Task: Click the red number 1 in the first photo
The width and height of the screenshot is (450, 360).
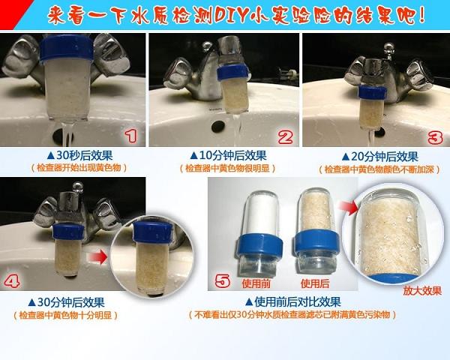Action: [x=132, y=136]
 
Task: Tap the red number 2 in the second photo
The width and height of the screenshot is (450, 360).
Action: [x=285, y=136]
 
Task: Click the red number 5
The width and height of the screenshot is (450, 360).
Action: [x=223, y=280]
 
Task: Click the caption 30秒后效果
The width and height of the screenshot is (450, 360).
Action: [x=79, y=155]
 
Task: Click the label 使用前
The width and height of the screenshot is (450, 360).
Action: [x=256, y=283]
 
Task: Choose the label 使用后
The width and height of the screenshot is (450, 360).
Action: [x=315, y=283]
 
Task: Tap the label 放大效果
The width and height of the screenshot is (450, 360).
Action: [x=422, y=291]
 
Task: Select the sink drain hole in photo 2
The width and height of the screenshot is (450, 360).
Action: [x=218, y=127]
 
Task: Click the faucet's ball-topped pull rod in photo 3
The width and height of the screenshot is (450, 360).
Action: [x=388, y=50]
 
